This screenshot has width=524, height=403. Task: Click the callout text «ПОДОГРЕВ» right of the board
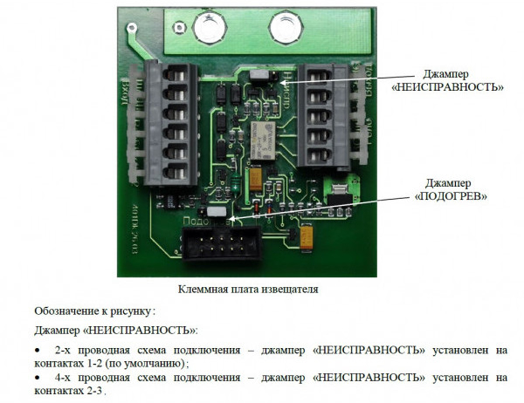pos(452,197)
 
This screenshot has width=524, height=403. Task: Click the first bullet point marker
pos(38,349)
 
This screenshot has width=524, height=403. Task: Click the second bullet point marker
pos(38,377)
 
